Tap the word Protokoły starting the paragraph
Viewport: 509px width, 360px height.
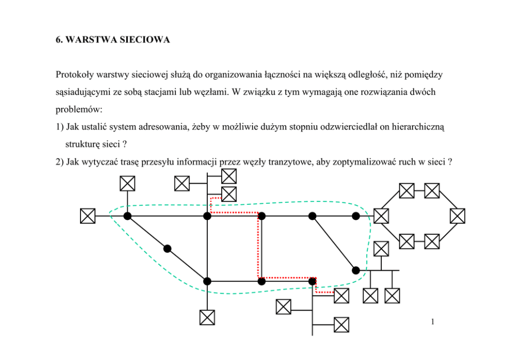coord(74,75)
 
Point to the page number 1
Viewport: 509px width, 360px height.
coord(434,323)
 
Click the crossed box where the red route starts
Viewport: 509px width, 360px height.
coord(229,194)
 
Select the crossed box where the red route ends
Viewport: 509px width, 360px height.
coord(341,295)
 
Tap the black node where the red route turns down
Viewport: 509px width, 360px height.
coord(261,216)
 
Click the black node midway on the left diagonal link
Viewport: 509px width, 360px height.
coord(167,249)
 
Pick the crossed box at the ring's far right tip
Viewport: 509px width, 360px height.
coord(457,216)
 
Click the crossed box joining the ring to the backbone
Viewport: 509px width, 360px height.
coord(381,216)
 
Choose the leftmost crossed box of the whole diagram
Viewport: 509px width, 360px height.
coord(88,216)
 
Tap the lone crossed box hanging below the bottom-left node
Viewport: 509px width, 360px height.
coord(207,317)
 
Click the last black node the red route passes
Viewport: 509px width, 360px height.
coord(312,281)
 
